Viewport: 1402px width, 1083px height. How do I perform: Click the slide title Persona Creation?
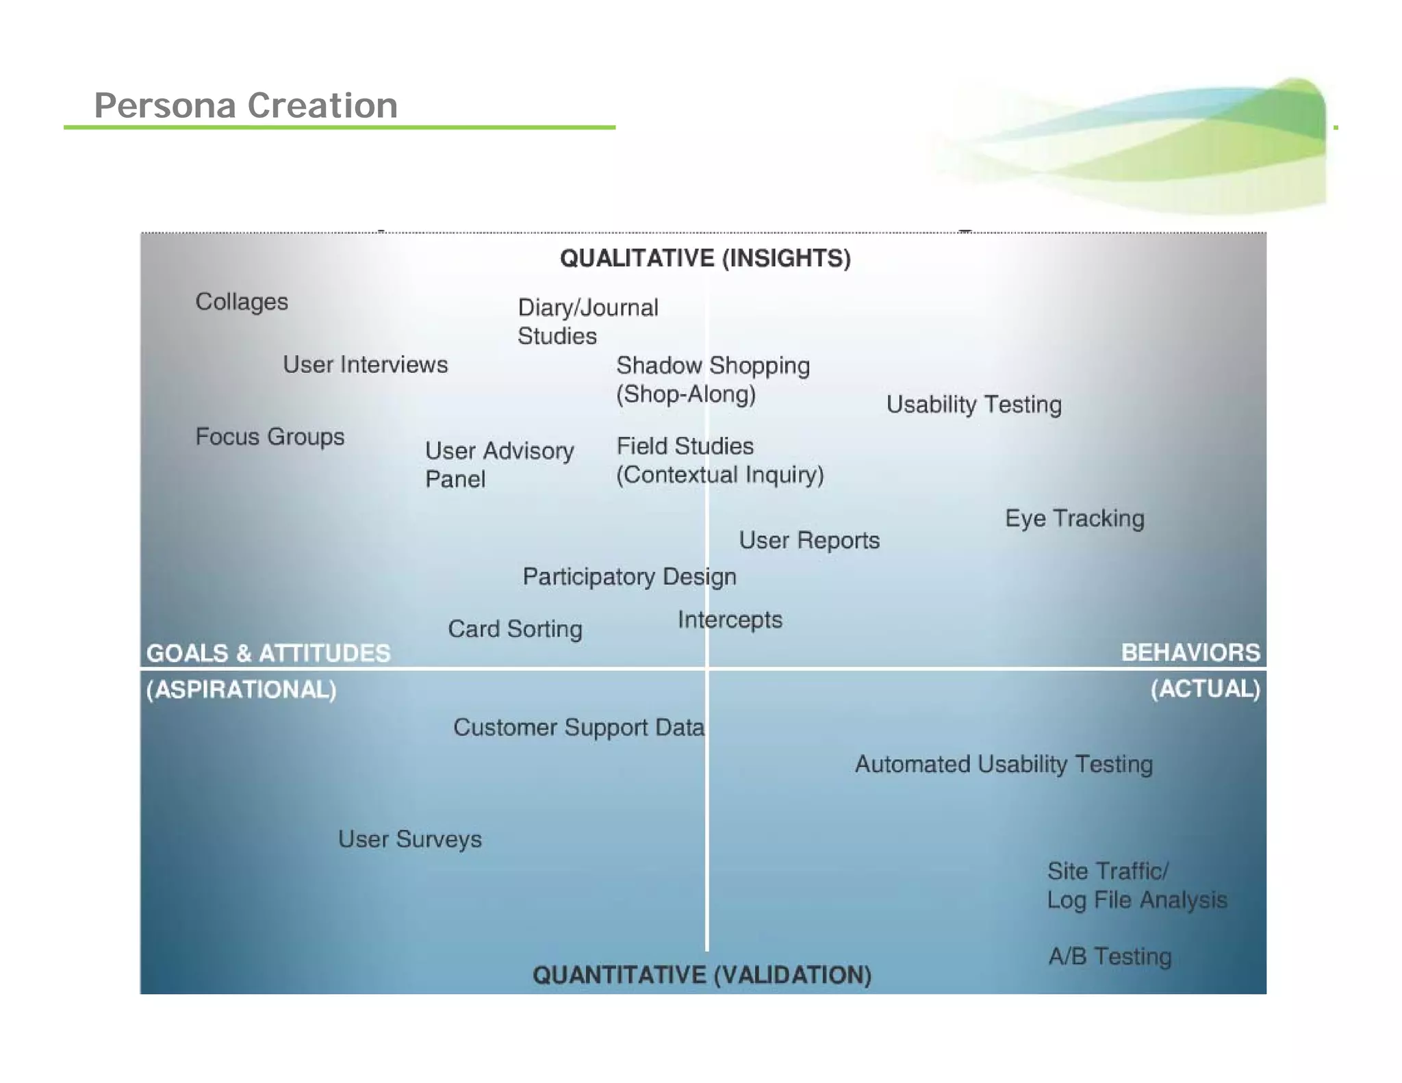[246, 105]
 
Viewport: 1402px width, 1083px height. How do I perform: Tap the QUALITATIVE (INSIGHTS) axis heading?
[705, 258]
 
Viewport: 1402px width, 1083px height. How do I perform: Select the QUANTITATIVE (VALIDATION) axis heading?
[702, 974]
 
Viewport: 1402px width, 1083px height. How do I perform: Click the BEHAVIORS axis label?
[1190, 652]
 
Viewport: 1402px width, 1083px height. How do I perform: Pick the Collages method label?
[242, 301]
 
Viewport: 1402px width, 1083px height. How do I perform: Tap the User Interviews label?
[366, 364]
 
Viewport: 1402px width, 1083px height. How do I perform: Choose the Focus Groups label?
[270, 436]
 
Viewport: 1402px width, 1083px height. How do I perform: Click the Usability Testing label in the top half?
[973, 404]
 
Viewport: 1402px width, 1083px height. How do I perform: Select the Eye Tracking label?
[1074, 518]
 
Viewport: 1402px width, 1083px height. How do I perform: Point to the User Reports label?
[809, 540]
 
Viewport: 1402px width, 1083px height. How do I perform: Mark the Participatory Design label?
[629, 576]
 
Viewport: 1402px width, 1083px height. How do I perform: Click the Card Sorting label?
[515, 628]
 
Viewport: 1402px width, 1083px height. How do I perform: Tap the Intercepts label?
[730, 620]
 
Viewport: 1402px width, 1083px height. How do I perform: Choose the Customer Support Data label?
[578, 727]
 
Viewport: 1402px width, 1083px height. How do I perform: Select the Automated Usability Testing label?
[1004, 764]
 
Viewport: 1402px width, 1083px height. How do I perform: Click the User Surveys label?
[409, 839]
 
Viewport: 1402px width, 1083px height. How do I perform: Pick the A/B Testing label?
[1110, 956]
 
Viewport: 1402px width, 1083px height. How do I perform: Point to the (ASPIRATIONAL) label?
[241, 689]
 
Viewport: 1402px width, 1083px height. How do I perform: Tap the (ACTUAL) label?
[1205, 689]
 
